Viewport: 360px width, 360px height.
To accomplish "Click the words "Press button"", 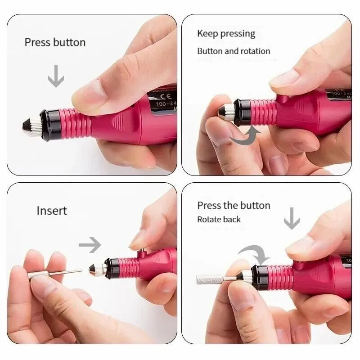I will pos(55,43).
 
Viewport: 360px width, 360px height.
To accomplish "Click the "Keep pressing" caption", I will pos(226,34).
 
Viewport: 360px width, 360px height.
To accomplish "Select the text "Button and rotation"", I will pos(234,51).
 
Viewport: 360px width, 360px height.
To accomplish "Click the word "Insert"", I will pos(52,211).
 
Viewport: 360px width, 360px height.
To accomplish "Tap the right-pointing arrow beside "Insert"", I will pos(90,245).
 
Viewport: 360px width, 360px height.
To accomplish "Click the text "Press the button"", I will pos(234,206).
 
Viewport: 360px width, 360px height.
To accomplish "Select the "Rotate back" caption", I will pos(219,220).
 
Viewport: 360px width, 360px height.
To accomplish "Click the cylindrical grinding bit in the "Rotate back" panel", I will pos(210,279).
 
